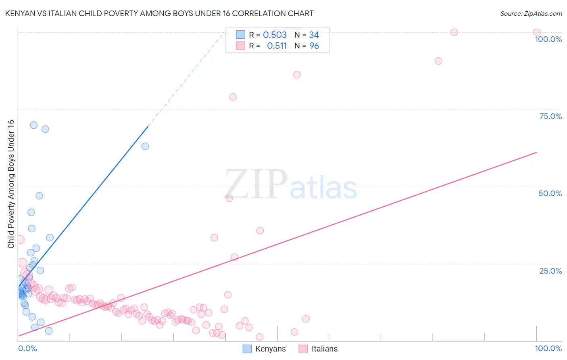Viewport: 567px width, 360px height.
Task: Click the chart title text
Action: pyautogui.click(x=159, y=13)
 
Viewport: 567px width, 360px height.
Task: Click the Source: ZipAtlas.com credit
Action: pyautogui.click(x=531, y=13)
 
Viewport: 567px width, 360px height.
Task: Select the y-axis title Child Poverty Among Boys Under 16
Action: pyautogui.click(x=11, y=184)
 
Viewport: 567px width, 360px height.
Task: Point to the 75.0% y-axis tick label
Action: pyautogui.click(x=550, y=116)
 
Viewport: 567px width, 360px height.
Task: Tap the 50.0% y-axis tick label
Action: pyautogui.click(x=550, y=193)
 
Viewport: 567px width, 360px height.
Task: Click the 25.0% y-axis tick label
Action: pyautogui.click(x=550, y=271)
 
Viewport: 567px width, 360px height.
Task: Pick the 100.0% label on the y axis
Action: pyautogui.click(x=548, y=39)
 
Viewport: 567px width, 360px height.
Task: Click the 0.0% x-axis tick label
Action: pyautogui.click(x=27, y=348)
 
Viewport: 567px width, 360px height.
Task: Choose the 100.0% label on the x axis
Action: pyautogui.click(x=548, y=348)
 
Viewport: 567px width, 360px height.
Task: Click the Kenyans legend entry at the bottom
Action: pyautogui.click(x=265, y=349)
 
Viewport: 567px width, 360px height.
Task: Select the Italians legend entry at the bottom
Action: pyautogui.click(x=319, y=349)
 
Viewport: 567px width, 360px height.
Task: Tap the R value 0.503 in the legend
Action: pyautogui.click(x=275, y=35)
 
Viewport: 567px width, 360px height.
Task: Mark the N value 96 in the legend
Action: pyautogui.click(x=314, y=46)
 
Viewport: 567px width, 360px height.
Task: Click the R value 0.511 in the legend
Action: pyautogui.click(x=277, y=46)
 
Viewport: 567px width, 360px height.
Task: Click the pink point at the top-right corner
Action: pyautogui.click(x=536, y=32)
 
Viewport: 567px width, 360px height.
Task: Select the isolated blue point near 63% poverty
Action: pyautogui.click(x=145, y=146)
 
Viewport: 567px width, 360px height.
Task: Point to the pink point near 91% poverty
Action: pyautogui.click(x=438, y=61)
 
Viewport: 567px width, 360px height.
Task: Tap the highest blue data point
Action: pyautogui.click(x=34, y=125)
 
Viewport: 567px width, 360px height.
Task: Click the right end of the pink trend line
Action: pyautogui.click(x=536, y=153)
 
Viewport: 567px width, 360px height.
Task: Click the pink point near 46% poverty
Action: pyautogui.click(x=229, y=198)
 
